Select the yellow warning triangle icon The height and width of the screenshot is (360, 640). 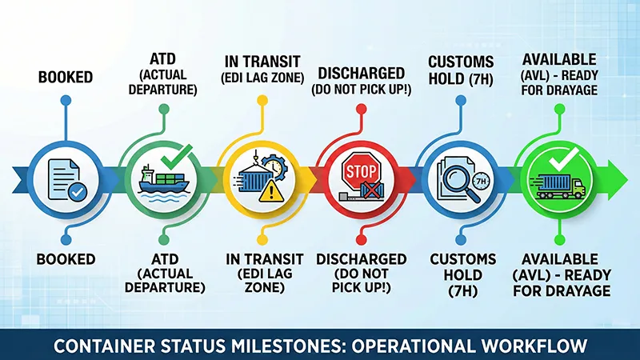271,190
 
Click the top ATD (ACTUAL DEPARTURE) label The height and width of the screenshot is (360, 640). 163,72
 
